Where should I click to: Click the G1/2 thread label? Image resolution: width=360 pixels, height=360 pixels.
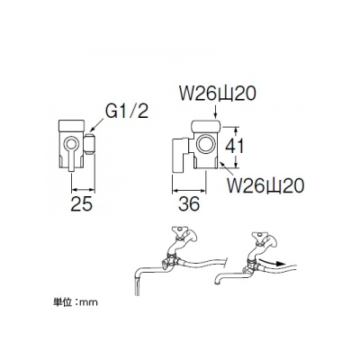tap(127, 112)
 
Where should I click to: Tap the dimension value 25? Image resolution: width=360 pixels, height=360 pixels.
tap(82, 204)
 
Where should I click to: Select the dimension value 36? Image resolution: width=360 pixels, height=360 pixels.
tap(189, 204)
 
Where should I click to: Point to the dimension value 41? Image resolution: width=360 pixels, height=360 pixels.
tap(235, 147)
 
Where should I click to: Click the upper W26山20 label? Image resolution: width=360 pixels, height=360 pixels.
tap(218, 94)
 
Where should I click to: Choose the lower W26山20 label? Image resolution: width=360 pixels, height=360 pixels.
tap(266, 186)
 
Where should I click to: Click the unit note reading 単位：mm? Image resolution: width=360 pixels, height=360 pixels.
tap(76, 301)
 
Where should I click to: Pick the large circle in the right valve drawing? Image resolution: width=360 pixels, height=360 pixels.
tap(206, 143)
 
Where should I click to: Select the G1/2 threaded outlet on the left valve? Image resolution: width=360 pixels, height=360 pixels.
tap(90, 144)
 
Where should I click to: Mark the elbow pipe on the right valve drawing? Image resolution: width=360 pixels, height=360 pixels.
tap(181, 156)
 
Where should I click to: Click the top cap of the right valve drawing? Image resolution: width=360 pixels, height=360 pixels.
tap(206, 126)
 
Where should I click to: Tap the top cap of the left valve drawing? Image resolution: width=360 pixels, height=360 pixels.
tap(72, 126)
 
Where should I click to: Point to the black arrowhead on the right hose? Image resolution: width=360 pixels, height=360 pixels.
tap(279, 264)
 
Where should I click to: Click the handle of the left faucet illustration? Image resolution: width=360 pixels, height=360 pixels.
tap(178, 231)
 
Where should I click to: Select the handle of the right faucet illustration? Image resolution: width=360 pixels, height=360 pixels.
tap(258, 236)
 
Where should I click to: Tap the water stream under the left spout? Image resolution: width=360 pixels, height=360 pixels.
tap(137, 286)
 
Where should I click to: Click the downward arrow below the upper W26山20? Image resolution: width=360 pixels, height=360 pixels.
tap(215, 111)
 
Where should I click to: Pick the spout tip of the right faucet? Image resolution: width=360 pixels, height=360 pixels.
tap(217, 282)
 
